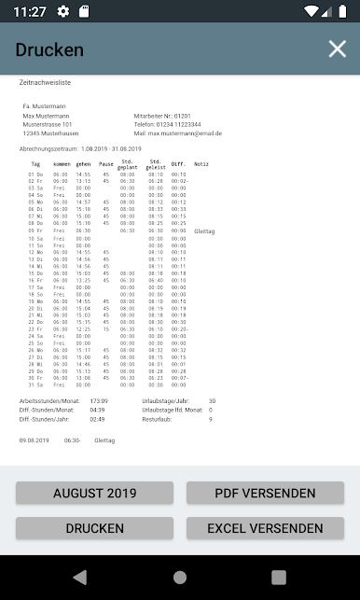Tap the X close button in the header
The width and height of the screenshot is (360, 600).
[337, 49]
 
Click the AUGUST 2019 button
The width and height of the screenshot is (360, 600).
[94, 494]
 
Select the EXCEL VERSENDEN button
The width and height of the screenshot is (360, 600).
[265, 528]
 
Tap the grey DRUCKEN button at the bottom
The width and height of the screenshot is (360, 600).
[94, 528]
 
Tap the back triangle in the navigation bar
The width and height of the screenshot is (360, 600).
[79, 576]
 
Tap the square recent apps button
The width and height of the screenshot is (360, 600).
[279, 576]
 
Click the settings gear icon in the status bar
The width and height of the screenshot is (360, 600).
[63, 11]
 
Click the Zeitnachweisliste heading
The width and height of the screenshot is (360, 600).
[46, 83]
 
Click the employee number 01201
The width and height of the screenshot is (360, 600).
[182, 115]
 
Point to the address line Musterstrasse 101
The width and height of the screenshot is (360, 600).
[48, 124]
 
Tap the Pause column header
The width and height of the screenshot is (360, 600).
[106, 164]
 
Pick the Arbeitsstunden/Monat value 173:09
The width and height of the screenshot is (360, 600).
[99, 400]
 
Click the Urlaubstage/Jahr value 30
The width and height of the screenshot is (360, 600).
[212, 400]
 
